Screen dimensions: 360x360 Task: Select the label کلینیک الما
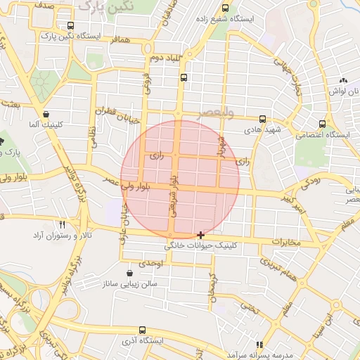point(42,124)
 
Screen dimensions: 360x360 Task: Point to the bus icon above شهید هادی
point(262,119)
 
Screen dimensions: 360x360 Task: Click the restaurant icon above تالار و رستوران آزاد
point(63,224)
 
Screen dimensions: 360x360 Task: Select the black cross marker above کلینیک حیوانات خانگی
point(202,234)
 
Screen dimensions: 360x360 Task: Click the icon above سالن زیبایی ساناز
point(129,273)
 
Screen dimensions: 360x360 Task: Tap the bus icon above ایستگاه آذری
point(143,330)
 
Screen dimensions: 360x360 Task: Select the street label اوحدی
point(150,262)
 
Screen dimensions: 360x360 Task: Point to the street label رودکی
point(311,182)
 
